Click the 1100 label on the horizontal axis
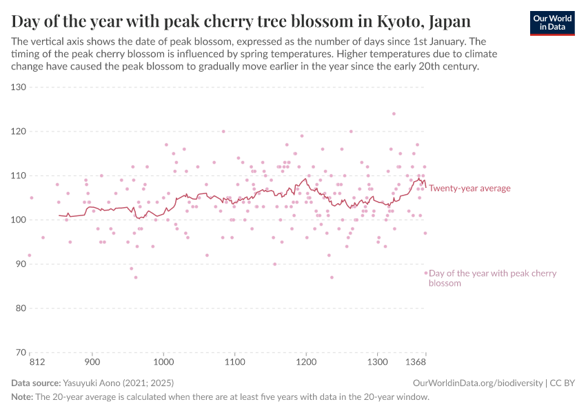[x=234, y=361]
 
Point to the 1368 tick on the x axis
[x=415, y=361]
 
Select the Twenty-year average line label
[x=469, y=188]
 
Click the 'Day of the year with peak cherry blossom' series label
[x=492, y=278]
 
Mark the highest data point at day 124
[x=394, y=114]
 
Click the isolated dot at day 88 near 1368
[x=425, y=273]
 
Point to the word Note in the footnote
[x=21, y=397]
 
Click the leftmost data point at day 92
[x=29, y=255]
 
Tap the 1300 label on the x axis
[x=377, y=361]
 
